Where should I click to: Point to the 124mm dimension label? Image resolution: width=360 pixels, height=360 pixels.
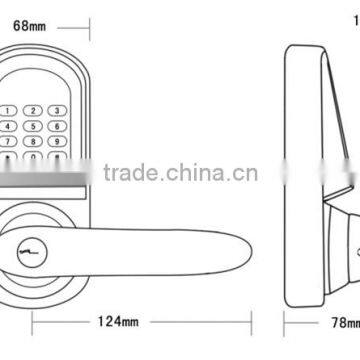pyautogui.click(x=118, y=322)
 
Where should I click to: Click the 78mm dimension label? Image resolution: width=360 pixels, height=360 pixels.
pyautogui.click(x=345, y=322)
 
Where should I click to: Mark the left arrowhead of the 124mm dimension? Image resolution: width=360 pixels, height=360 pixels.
pyautogui.click(x=35, y=322)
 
